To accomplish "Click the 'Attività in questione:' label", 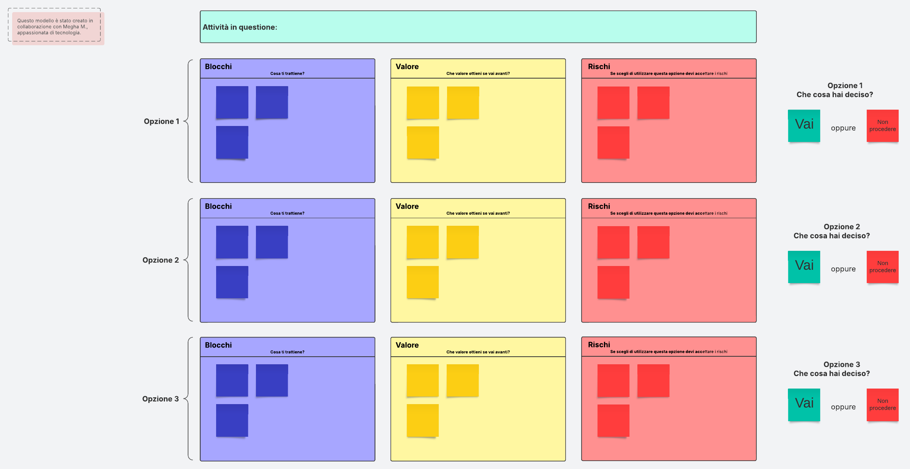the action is [x=240, y=27].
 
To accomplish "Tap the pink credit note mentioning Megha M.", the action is [x=58, y=28].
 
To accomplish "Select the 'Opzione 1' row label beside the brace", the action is [x=162, y=121].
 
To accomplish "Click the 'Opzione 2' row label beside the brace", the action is [x=161, y=260].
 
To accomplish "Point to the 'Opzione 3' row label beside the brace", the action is [x=160, y=399].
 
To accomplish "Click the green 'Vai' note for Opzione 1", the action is [x=804, y=126].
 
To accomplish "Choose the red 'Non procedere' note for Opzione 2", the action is [x=883, y=267].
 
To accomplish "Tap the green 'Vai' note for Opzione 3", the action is [x=804, y=404].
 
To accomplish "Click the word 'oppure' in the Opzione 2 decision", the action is [x=843, y=269].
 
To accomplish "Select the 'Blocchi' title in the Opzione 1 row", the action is [x=218, y=66].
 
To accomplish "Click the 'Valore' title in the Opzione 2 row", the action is [x=407, y=206].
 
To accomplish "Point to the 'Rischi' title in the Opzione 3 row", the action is [x=599, y=345].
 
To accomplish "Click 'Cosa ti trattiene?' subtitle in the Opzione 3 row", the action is [x=287, y=352].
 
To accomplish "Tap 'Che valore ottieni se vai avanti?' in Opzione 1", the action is [x=478, y=74].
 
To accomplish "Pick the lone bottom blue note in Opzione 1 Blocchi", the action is [x=232, y=142].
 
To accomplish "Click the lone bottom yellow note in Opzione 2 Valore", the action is [x=423, y=282].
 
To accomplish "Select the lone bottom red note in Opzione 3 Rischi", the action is [x=613, y=420].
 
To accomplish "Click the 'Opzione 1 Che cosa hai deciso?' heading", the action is [x=835, y=90].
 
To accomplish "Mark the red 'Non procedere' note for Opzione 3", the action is [x=883, y=404].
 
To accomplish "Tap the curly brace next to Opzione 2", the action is [x=188, y=260].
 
